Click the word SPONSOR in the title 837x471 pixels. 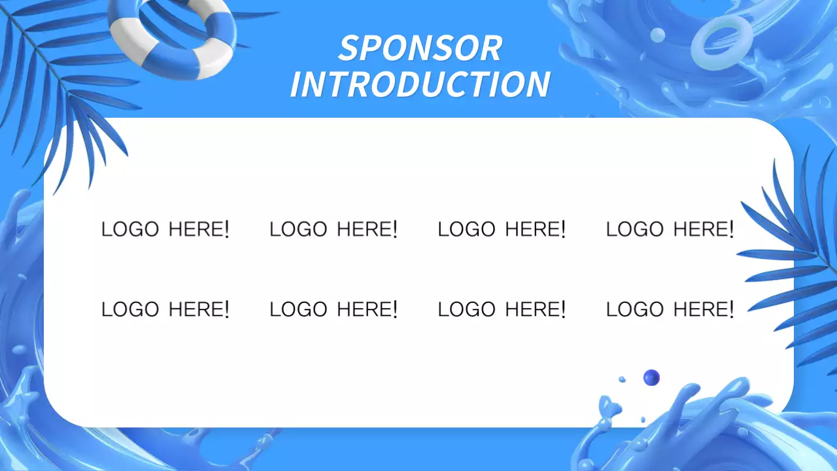coord(420,48)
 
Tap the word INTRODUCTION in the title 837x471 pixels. coord(420,84)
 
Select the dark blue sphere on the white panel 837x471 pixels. coord(651,377)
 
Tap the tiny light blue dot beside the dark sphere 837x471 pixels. coord(622,379)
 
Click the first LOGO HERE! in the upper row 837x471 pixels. coord(165,229)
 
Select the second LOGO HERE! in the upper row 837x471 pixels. coord(333,229)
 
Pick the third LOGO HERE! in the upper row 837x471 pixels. coord(502,229)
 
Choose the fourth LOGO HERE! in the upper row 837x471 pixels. coord(670,229)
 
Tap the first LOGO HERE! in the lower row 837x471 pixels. coord(165,309)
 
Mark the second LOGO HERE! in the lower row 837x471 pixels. coord(333,309)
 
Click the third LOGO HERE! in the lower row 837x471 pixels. coord(502,309)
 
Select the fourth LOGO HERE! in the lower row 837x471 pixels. coord(670,309)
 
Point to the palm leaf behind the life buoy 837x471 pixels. coord(65,92)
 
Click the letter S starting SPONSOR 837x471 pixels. coord(349,48)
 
